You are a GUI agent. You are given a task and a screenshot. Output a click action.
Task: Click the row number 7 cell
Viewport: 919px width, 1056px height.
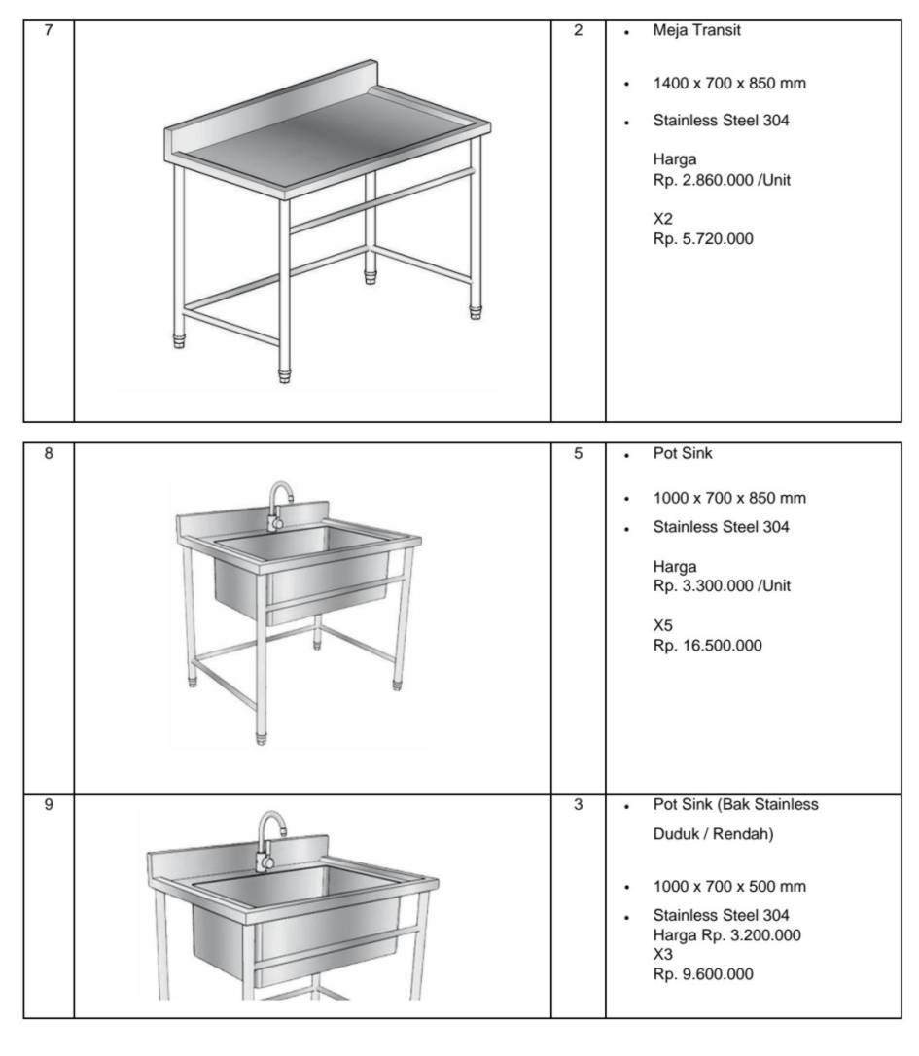[x=49, y=30]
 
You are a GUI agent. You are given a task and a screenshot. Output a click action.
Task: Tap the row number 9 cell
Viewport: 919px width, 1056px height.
[x=49, y=805]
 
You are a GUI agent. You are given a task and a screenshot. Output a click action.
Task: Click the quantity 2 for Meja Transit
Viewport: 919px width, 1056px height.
[x=579, y=30]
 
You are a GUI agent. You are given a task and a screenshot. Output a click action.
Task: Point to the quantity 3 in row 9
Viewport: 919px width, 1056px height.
[x=579, y=805]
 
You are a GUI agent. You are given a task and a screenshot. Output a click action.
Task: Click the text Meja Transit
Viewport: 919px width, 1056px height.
[x=696, y=30]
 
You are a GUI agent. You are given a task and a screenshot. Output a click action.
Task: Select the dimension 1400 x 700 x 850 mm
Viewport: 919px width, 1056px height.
[x=729, y=84]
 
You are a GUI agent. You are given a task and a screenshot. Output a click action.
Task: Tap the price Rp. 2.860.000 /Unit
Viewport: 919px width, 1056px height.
[x=715, y=180]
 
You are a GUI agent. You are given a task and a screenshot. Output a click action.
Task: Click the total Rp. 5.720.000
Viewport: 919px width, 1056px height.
[x=703, y=238]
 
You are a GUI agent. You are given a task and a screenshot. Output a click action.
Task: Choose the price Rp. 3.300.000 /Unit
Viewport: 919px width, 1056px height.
[x=715, y=586]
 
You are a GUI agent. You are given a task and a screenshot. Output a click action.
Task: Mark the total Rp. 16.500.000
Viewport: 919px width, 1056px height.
[x=707, y=646]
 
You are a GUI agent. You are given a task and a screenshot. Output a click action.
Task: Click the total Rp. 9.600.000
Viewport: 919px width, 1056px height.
[x=702, y=974]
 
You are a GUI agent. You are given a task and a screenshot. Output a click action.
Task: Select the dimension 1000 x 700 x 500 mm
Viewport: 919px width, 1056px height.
[x=729, y=887]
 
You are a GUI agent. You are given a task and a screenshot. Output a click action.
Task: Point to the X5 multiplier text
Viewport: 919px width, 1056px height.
[x=663, y=627]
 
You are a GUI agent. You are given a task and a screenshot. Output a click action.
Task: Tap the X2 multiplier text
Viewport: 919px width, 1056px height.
[x=663, y=220]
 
